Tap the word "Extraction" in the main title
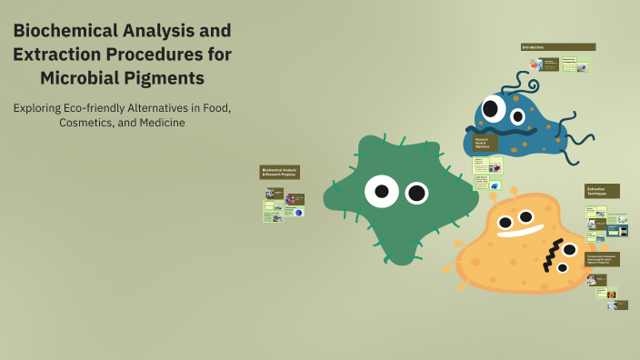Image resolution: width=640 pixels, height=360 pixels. [x=54, y=55]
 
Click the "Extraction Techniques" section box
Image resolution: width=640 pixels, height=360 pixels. [x=601, y=191]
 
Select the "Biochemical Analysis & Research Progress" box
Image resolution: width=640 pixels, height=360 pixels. [x=279, y=171]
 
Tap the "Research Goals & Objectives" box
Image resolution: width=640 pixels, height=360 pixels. [x=485, y=144]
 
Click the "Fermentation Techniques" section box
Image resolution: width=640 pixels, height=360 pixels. [x=602, y=259]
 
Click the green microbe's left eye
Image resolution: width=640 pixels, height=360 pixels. [x=381, y=191]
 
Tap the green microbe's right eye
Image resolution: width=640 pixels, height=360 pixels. [x=416, y=192]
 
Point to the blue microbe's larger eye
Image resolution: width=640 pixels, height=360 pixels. [x=494, y=110]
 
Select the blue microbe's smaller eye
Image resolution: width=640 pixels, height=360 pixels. [x=520, y=115]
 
